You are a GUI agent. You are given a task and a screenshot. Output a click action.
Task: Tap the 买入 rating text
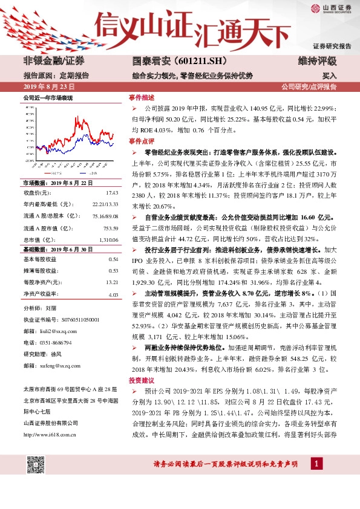click(329, 77)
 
